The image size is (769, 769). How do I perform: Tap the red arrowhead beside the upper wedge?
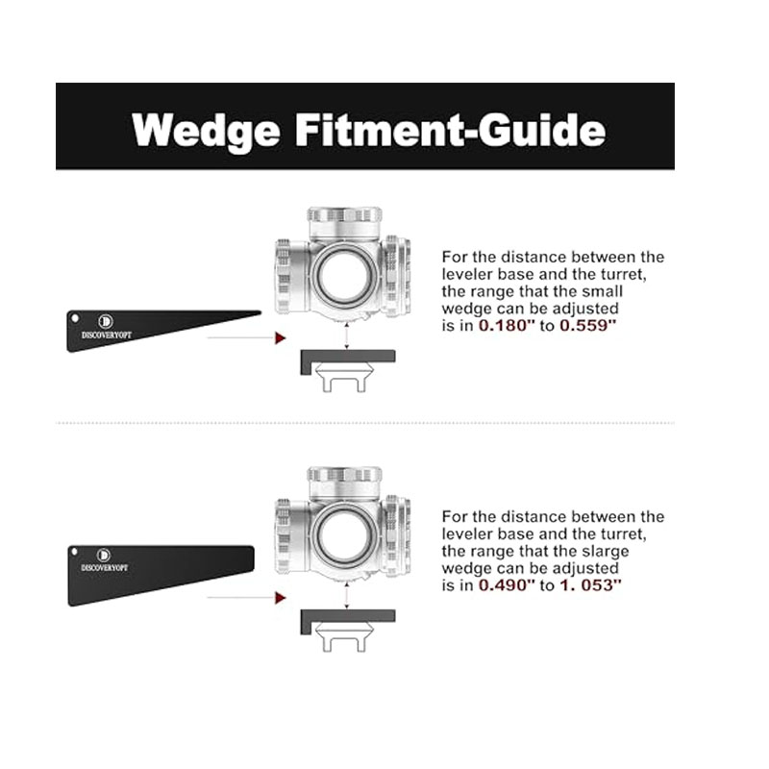280,338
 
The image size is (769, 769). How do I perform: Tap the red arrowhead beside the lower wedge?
280,598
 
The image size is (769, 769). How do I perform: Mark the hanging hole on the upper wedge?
76,315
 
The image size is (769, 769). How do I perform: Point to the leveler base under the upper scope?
346,359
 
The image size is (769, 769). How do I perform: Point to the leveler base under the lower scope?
346,618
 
